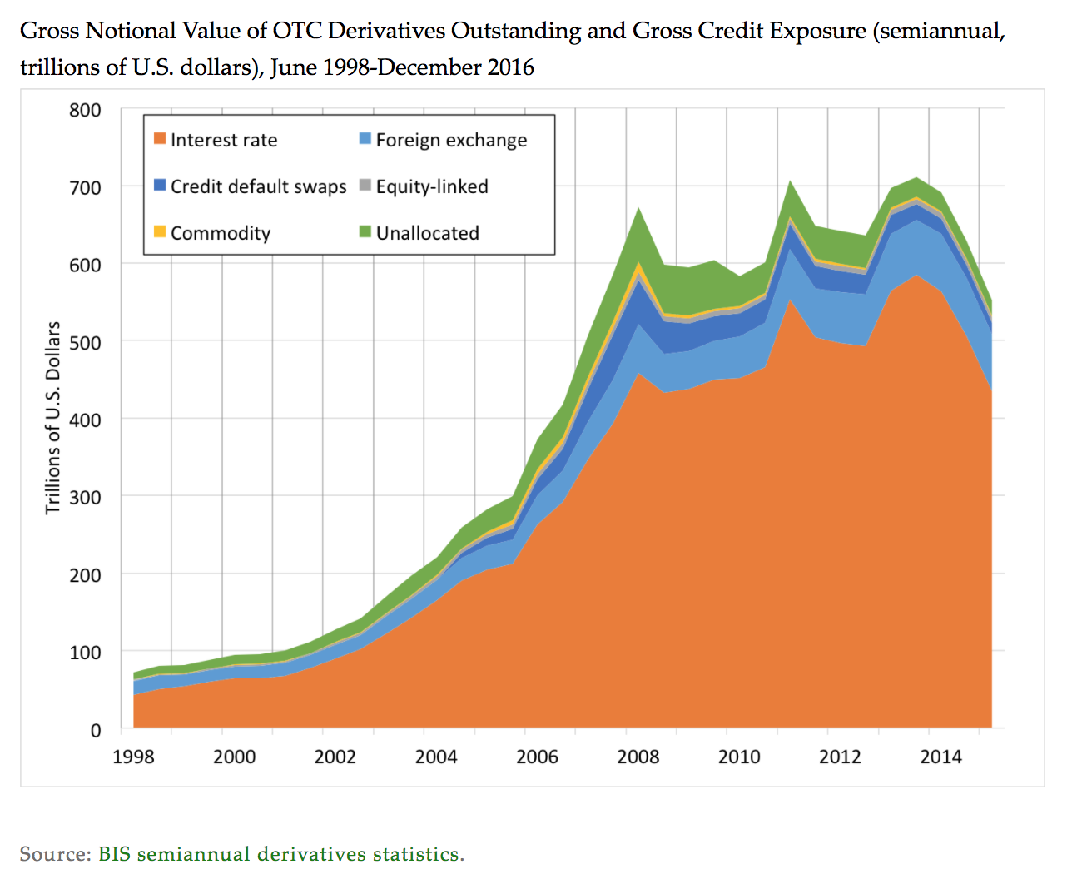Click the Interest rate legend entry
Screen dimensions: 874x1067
click(x=223, y=140)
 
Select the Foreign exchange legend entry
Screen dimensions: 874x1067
click(x=450, y=140)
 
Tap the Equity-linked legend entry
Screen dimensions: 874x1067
click(x=431, y=186)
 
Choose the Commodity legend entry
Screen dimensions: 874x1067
click(x=220, y=233)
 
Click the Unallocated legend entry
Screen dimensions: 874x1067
click(x=427, y=233)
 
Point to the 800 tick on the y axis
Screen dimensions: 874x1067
click(x=85, y=110)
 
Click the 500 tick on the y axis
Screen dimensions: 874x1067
click(x=85, y=342)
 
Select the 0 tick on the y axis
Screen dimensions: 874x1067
click(x=95, y=730)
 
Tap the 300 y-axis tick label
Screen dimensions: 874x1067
click(x=85, y=497)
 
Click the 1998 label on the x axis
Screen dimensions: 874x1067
click(x=133, y=757)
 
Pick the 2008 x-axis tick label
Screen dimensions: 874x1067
click(x=638, y=757)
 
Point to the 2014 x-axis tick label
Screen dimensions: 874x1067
click(x=940, y=757)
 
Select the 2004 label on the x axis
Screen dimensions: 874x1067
click(x=436, y=757)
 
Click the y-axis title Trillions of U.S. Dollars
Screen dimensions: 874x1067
click(x=53, y=418)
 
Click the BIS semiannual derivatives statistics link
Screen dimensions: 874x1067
click(x=280, y=854)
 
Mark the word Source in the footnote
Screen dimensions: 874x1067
click(x=54, y=854)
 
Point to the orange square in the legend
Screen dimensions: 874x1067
click(x=160, y=139)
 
